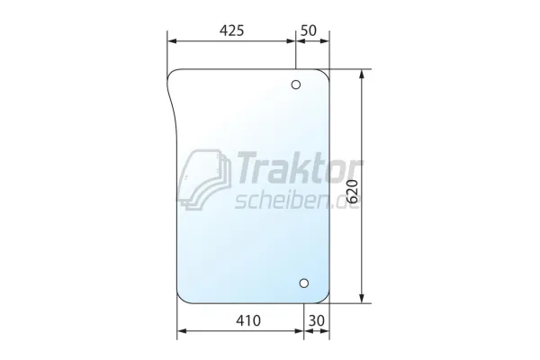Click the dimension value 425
pyautogui.click(x=231, y=31)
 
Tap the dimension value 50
pyautogui.click(x=308, y=31)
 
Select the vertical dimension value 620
pyautogui.click(x=353, y=192)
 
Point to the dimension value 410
pyautogui.click(x=248, y=320)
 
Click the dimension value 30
pyautogui.click(x=317, y=320)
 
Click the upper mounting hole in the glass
pyautogui.click(x=296, y=85)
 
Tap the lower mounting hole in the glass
pyautogui.click(x=304, y=283)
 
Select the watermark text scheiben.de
pyautogui.click(x=297, y=201)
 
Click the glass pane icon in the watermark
pyautogui.click(x=206, y=179)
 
